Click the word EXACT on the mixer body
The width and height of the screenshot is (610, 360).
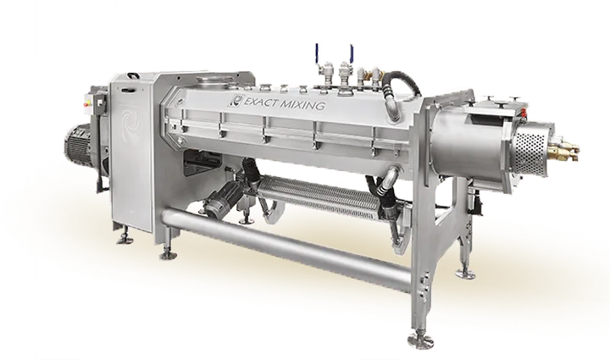[x=261, y=101]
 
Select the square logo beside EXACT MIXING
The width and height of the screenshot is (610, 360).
[x=236, y=99]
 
